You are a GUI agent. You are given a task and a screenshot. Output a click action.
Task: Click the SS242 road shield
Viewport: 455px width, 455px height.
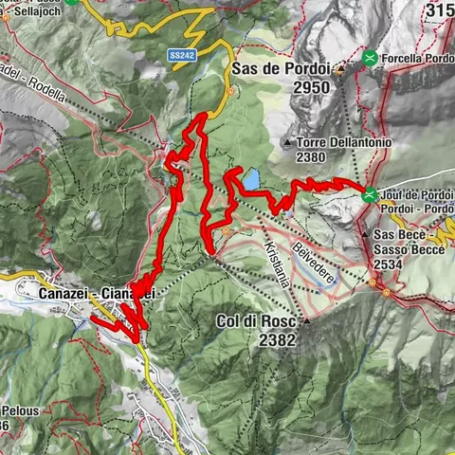click(x=182, y=56)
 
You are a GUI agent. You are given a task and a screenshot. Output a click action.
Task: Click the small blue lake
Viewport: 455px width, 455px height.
click(x=252, y=177)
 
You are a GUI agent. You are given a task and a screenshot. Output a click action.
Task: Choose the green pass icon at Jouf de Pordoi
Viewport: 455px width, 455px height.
click(x=369, y=195)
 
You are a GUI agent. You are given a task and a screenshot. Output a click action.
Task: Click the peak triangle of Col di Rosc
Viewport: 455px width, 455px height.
click(x=305, y=320)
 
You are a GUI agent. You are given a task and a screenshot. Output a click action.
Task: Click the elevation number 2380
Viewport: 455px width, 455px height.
click(x=314, y=158)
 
